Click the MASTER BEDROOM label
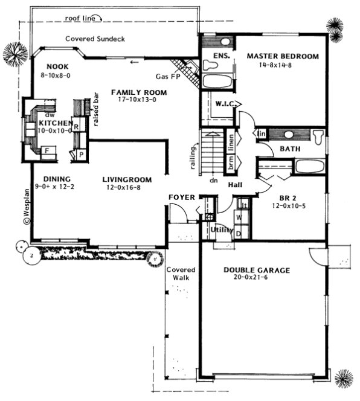[282, 56]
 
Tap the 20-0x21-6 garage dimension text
[257, 278]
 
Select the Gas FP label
[167, 77]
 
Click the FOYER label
[181, 197]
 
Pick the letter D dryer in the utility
[238, 234]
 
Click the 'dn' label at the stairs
[213, 179]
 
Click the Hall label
[236, 185]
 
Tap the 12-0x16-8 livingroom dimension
[126, 188]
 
